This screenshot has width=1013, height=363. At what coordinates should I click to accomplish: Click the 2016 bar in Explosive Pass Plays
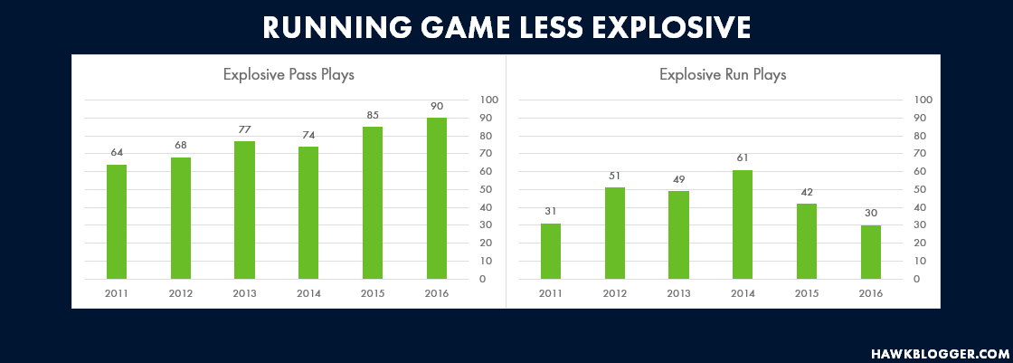(x=437, y=198)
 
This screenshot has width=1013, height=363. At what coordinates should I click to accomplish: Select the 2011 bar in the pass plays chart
(x=117, y=222)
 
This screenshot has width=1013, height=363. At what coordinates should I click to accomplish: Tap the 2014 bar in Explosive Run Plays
(x=743, y=224)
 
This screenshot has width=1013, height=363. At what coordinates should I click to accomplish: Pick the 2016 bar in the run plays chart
(x=871, y=253)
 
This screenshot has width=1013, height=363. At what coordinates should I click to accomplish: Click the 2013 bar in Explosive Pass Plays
(x=244, y=210)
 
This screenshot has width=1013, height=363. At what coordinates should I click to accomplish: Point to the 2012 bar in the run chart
(x=615, y=234)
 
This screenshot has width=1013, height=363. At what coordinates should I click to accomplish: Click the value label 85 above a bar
(x=373, y=115)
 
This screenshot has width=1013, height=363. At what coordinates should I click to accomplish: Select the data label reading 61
(x=743, y=158)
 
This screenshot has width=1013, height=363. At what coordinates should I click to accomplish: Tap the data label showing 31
(x=551, y=212)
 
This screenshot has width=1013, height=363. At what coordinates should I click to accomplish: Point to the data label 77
(x=244, y=129)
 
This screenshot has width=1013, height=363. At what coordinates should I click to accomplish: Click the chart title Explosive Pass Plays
(x=289, y=75)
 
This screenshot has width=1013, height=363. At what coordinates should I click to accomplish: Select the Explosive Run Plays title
(x=723, y=75)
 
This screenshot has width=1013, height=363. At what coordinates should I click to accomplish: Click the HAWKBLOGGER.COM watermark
(x=940, y=354)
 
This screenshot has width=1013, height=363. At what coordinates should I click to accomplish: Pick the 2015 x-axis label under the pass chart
(x=373, y=294)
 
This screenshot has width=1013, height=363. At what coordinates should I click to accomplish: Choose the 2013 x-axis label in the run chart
(x=679, y=294)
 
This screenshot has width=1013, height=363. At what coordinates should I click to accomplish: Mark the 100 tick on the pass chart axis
(x=488, y=100)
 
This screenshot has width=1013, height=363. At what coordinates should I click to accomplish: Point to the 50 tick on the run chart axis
(x=920, y=189)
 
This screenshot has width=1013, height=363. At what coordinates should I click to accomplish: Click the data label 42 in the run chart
(x=806, y=192)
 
